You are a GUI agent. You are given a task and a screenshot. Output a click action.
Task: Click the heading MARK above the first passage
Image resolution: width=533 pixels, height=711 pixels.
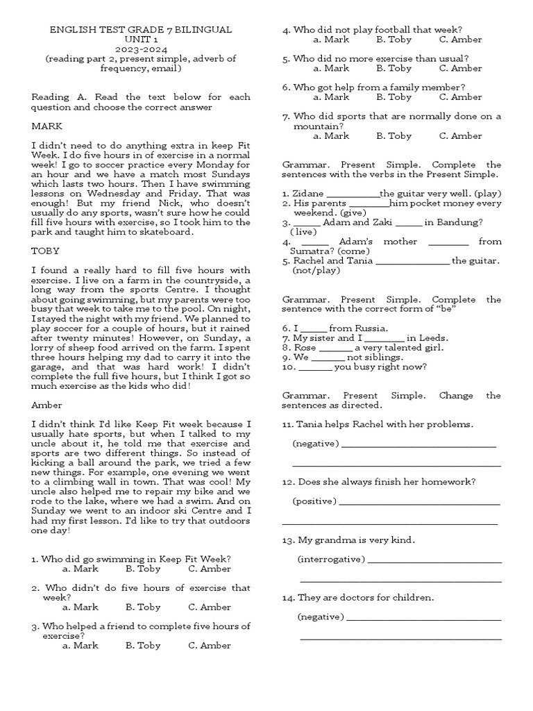click(47, 126)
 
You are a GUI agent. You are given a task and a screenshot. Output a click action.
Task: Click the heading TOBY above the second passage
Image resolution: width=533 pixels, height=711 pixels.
click(46, 251)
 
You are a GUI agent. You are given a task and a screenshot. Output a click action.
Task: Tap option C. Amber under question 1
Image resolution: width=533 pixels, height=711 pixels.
click(210, 569)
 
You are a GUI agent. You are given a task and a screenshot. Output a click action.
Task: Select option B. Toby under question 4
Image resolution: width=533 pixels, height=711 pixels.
click(394, 40)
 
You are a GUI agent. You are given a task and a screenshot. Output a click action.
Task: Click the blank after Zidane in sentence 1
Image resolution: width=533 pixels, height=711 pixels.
click(353, 194)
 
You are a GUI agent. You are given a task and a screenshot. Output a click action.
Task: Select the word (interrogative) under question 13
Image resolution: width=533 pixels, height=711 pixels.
click(330, 559)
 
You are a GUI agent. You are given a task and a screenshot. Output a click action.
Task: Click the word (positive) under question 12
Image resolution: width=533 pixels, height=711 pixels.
click(314, 501)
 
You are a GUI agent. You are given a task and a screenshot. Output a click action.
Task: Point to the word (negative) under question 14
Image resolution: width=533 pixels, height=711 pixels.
click(320, 617)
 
